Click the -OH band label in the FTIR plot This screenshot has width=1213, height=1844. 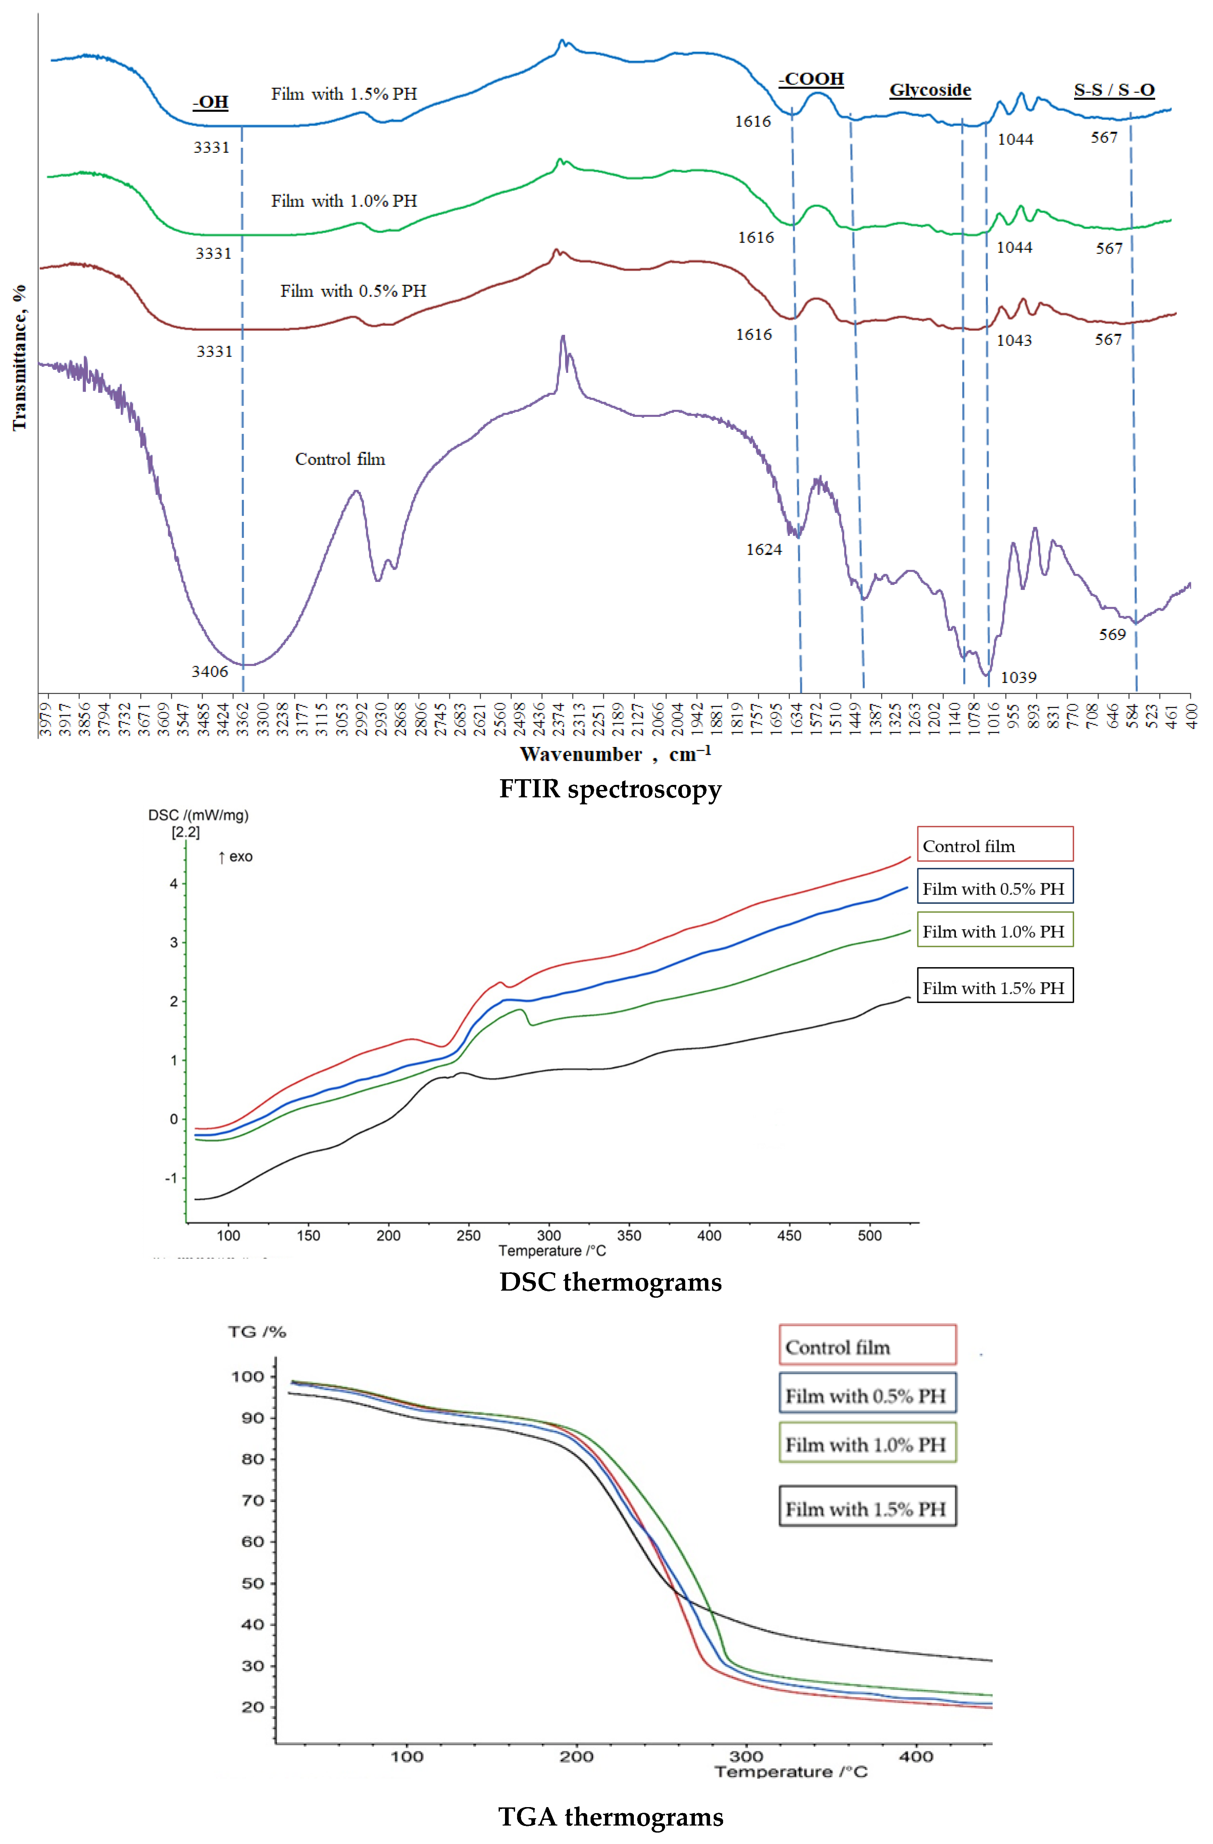pyautogui.click(x=211, y=102)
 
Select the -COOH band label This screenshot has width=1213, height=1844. pyautogui.click(x=811, y=79)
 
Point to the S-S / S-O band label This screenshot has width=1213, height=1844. pyautogui.click(x=1114, y=90)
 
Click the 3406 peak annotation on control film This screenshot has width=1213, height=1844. pyautogui.click(x=210, y=671)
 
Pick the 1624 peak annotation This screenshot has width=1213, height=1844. pyautogui.click(x=764, y=549)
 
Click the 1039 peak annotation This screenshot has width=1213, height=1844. pyautogui.click(x=1018, y=677)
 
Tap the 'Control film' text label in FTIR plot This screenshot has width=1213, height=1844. pyautogui.click(x=340, y=459)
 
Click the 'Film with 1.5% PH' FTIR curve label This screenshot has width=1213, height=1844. pyautogui.click(x=344, y=94)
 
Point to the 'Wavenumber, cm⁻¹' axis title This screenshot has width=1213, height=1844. pyautogui.click(x=615, y=754)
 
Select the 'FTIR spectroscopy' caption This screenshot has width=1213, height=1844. pyautogui.click(x=610, y=789)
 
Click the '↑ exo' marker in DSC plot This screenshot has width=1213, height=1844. pyautogui.click(x=236, y=856)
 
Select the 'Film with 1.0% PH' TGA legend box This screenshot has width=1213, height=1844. pyautogui.click(x=867, y=1444)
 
